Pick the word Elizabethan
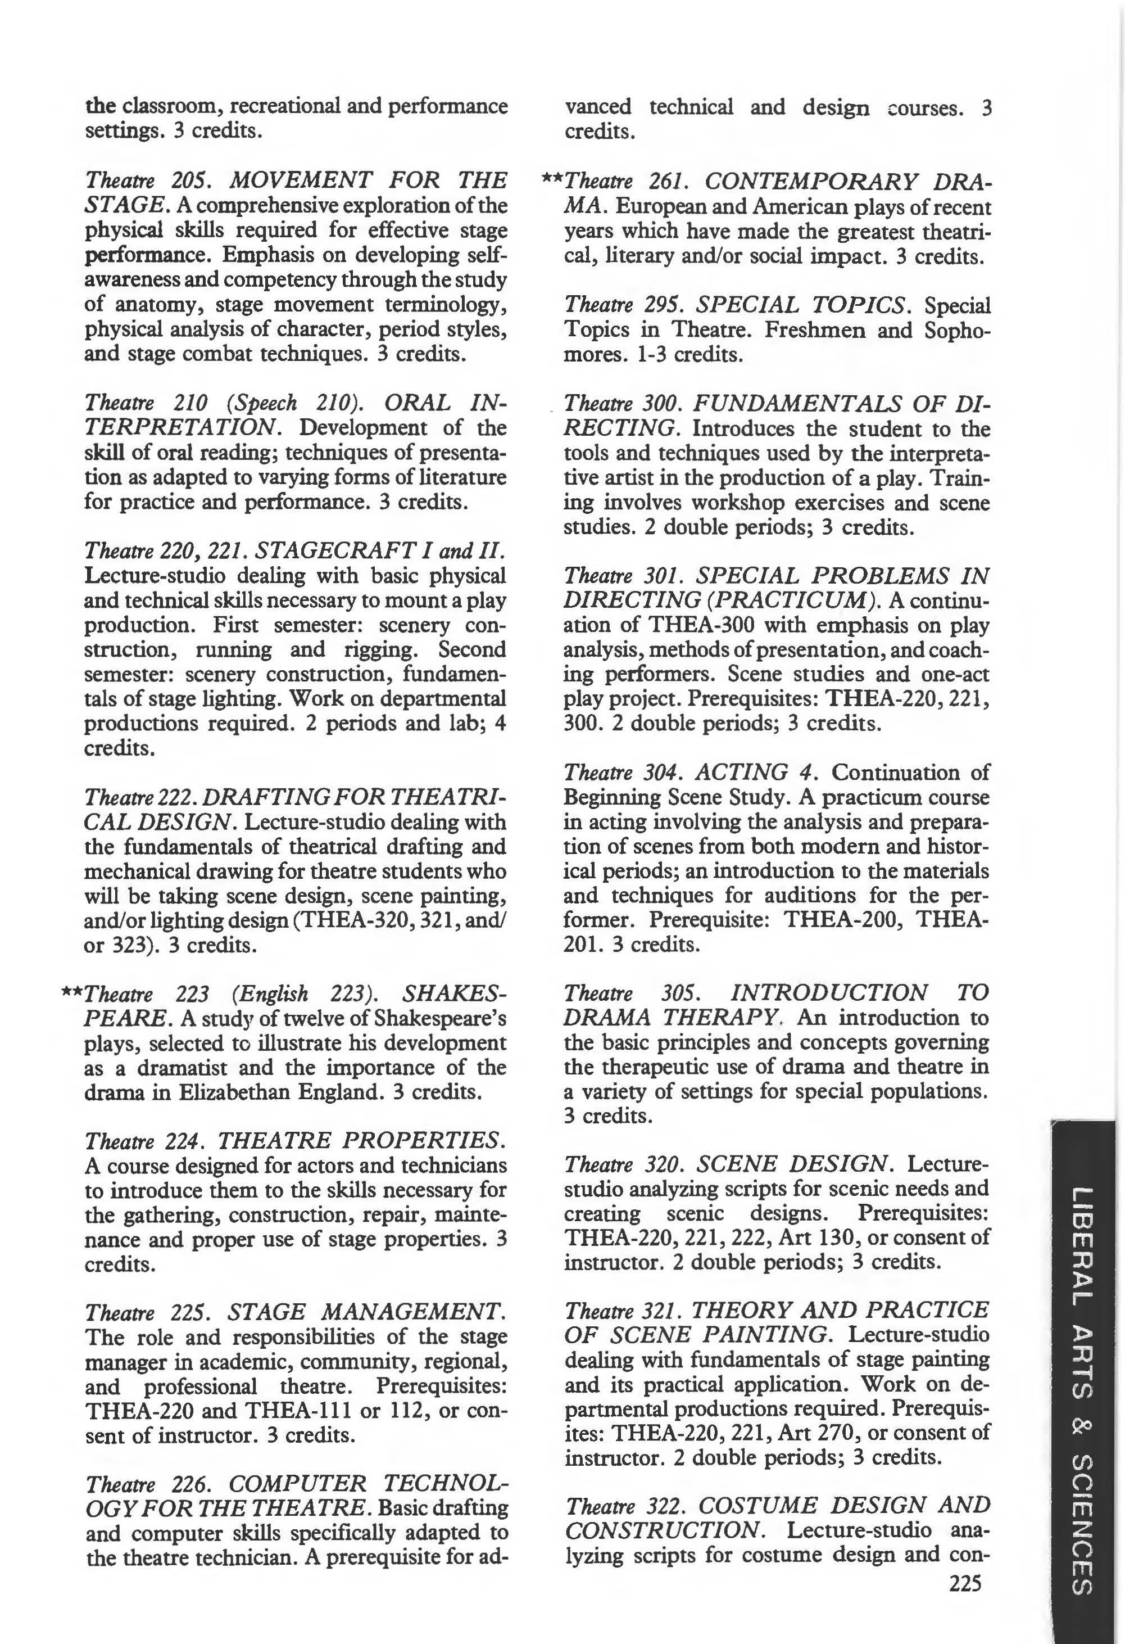[235, 1092]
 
